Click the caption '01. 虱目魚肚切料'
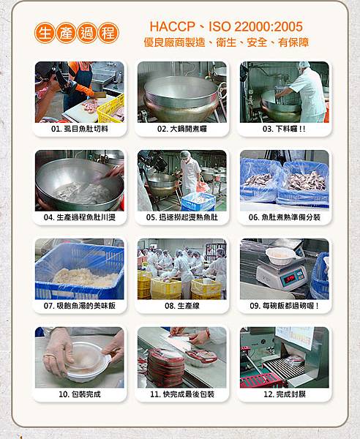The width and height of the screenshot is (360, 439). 80,129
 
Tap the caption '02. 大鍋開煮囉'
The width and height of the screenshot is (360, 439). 182,129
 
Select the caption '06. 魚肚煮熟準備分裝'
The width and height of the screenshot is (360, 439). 285,217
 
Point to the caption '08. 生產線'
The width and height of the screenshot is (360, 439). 182,306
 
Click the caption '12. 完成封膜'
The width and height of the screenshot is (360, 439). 285,394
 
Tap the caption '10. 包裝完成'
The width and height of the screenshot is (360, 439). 80,394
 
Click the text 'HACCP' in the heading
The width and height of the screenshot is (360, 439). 172,26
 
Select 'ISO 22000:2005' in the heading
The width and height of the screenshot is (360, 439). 255,26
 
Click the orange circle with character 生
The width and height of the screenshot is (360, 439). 45,33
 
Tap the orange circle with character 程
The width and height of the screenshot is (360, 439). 108,33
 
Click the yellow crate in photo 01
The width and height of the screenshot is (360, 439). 111,109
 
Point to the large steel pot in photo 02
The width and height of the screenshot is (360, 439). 181,98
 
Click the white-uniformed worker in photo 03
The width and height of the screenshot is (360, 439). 307,92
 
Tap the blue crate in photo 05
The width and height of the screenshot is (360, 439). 198,202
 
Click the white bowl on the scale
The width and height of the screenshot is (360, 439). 280,255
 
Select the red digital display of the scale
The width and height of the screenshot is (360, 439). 290,278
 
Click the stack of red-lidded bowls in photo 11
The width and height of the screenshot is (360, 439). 165,367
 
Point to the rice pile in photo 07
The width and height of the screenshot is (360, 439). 86,277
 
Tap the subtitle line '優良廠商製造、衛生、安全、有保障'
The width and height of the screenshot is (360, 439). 226,42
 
